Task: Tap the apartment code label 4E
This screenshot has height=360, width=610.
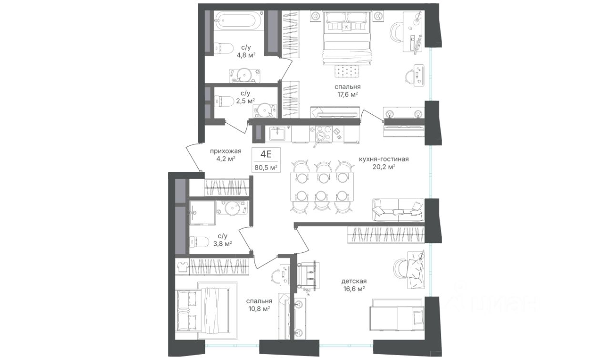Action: click(x=266, y=154)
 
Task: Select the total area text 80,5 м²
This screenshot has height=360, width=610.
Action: click(x=266, y=167)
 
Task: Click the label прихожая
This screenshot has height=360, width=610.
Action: click(x=225, y=151)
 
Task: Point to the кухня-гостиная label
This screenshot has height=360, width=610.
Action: click(x=384, y=159)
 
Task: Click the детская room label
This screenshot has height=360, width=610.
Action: click(x=354, y=281)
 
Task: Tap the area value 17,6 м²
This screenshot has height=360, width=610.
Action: click(x=347, y=95)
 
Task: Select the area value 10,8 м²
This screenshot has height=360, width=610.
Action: click(x=259, y=309)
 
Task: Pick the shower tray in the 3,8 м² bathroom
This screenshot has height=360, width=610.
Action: click(x=203, y=213)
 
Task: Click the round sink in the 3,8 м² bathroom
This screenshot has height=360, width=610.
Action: click(x=232, y=208)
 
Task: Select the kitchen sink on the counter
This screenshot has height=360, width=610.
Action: click(x=277, y=134)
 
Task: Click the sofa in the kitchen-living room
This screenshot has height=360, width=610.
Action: click(x=398, y=210)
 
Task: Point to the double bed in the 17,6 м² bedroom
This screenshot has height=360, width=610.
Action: click(x=346, y=38)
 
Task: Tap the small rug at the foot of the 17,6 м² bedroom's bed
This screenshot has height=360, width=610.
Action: click(x=347, y=71)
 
